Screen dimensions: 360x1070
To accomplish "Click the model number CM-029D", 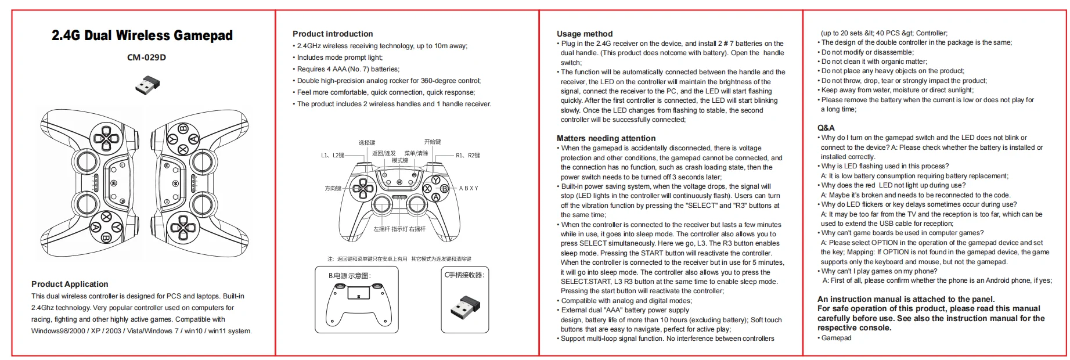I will tap(146, 57).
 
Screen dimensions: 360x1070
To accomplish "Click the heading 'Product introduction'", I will tap(333, 34).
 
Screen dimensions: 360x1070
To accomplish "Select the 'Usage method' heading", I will tap(584, 34).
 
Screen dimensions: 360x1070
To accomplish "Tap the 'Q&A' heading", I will tap(826, 128).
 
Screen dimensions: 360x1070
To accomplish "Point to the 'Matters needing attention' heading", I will tap(606, 138).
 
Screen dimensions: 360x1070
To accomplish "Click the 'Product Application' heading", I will tap(70, 284).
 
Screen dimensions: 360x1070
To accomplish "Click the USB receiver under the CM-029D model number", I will tap(147, 85).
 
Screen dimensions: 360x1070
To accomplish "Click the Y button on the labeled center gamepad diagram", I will tap(436, 180).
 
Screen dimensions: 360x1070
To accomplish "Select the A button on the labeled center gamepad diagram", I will tap(436, 197).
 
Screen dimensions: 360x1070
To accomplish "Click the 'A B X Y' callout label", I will tap(469, 188).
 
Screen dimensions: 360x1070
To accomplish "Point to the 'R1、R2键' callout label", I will tap(467, 156).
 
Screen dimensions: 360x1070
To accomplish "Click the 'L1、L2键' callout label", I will tap(333, 156).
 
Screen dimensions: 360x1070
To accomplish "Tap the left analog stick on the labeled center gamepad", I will tap(381, 204).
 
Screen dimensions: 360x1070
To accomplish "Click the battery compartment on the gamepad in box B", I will tap(358, 292).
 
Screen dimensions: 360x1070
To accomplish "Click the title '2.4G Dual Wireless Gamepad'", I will tap(142, 35).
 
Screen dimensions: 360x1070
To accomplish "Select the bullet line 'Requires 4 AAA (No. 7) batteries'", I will tap(348, 69).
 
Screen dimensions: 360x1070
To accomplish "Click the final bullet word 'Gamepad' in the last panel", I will tap(836, 338).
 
